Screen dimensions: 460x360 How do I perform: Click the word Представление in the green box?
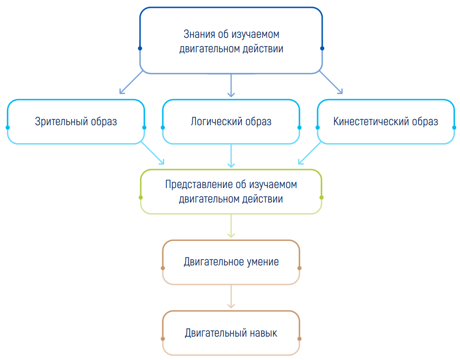(199, 185)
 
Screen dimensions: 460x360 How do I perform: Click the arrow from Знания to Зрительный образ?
(131, 82)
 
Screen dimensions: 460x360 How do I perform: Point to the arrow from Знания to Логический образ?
(231, 85)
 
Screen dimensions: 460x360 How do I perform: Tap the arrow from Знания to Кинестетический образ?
(331, 82)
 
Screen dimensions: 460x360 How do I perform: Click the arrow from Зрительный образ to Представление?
(152, 153)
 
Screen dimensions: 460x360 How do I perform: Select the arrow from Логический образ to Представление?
(231, 156)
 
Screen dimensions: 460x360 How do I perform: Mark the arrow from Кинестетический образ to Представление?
(309, 153)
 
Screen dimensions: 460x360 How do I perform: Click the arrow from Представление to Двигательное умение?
(231, 225)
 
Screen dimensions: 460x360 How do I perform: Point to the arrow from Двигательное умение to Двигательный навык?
(231, 297)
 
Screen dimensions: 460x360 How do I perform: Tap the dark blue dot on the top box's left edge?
(140, 48)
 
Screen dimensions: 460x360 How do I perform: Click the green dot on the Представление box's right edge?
(321, 198)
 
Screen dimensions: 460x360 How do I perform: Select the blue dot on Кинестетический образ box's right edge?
(454, 127)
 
